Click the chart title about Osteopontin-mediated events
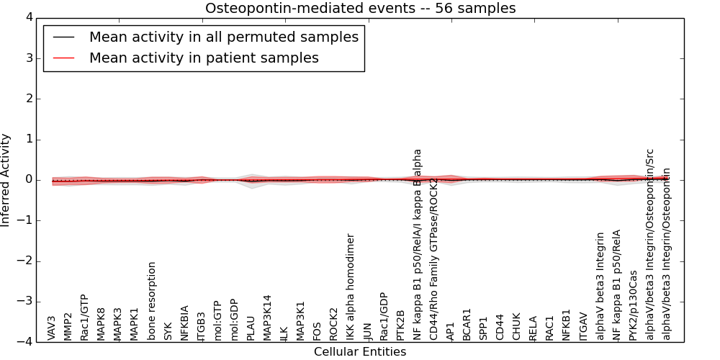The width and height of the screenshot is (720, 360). [x=360, y=8]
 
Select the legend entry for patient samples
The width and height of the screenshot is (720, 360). [x=204, y=58]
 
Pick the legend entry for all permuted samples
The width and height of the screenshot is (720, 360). [x=223, y=37]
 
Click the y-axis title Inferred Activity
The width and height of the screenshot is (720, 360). [x=6, y=180]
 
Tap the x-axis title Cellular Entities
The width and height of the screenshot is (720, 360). [x=360, y=352]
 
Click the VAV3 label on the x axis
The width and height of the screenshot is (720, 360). [x=52, y=328]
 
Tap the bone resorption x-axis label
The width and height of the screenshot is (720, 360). [x=152, y=300]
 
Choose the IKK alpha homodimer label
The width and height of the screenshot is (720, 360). [x=351, y=287]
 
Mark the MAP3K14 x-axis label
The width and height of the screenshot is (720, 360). [x=268, y=317]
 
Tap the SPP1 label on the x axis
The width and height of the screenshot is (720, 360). [x=484, y=328]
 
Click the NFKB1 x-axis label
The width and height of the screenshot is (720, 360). [x=566, y=325]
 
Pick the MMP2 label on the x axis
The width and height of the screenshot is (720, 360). [x=68, y=326]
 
